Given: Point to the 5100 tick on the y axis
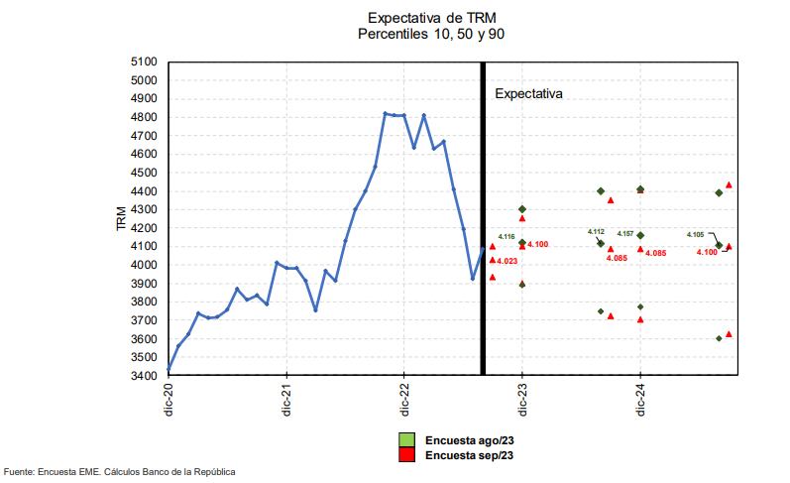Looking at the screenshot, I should pos(143,61).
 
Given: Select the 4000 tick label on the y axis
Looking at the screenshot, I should pos(143,265).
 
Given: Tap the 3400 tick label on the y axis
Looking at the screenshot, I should pos(143,376).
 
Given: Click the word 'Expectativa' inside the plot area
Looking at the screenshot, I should pos(528,95).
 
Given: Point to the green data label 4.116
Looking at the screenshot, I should pos(506,237).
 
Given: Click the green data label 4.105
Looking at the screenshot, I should pos(695,235).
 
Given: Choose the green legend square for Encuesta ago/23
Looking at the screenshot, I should pos(406,439).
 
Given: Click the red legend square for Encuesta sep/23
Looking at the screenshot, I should pos(406,454).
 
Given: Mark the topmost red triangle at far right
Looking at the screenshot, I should pos(729,184).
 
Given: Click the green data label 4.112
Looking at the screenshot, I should pos(596,231).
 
